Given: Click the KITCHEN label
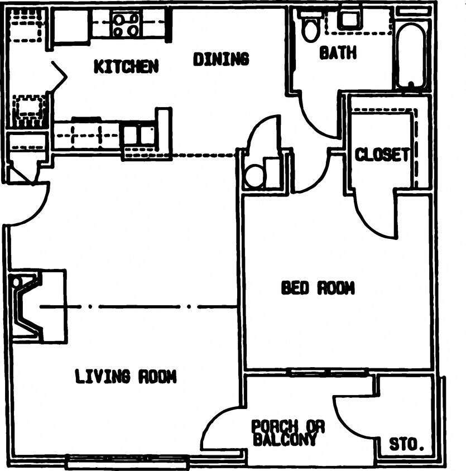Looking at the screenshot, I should pyautogui.click(x=126, y=66).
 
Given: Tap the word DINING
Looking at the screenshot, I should pyautogui.click(x=221, y=59).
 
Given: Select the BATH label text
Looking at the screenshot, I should pyautogui.click(x=338, y=53).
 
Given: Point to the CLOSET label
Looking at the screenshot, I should pyautogui.click(x=383, y=155).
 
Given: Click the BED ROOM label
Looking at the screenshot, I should pyautogui.click(x=318, y=289).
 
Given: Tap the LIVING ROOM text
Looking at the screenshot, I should pyautogui.click(x=126, y=377).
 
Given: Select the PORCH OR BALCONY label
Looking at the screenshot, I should pyautogui.click(x=288, y=433).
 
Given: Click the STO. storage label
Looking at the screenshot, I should pyautogui.click(x=406, y=445).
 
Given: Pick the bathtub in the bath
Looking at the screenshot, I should pyautogui.click(x=412, y=56).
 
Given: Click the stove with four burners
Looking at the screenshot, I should pyautogui.click(x=126, y=25).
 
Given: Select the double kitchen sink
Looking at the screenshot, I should pyautogui.click(x=139, y=134).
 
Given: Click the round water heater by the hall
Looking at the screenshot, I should pyautogui.click(x=255, y=176).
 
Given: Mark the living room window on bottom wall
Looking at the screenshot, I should pyautogui.click(x=127, y=462).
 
